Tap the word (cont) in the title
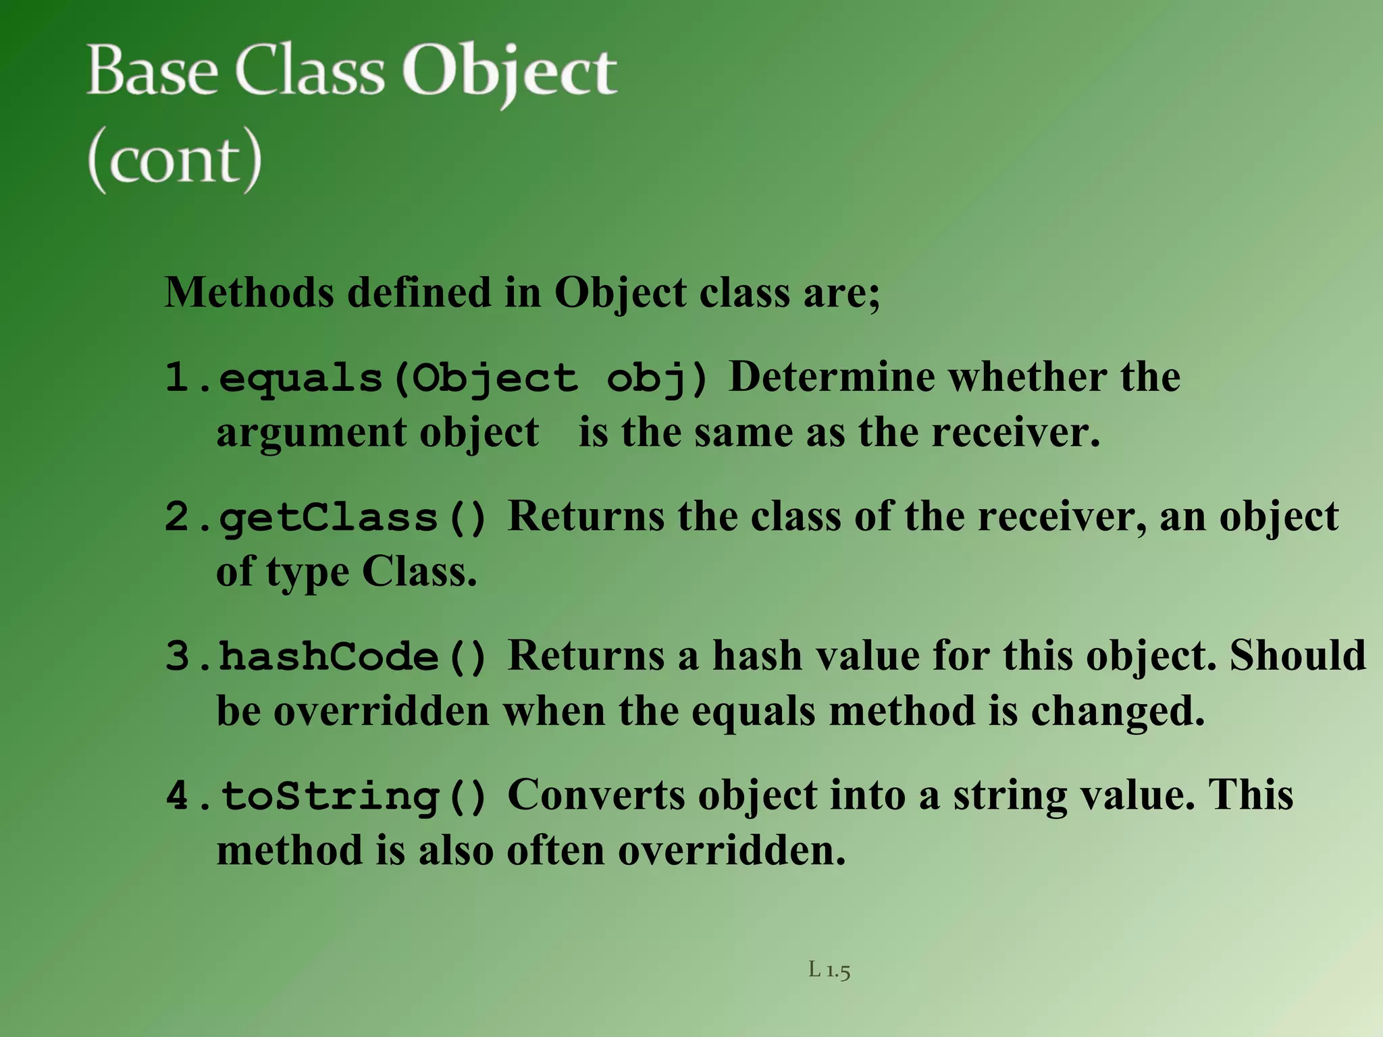(174, 161)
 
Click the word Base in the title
(153, 72)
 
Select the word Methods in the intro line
(249, 293)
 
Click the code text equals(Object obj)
(463, 378)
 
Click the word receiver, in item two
(1062, 517)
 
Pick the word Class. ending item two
(419, 573)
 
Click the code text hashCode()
(353, 657)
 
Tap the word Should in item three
(1297, 656)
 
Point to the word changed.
(1118, 712)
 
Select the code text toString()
(353, 796)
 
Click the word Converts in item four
(596, 795)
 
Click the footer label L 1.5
(829, 970)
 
